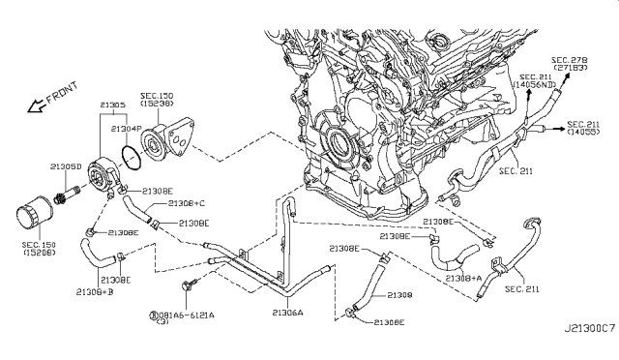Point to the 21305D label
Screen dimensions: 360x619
pyautogui.click(x=63, y=166)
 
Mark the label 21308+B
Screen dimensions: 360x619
pyautogui.click(x=98, y=290)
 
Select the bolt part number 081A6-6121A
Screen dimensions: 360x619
pyautogui.click(x=188, y=315)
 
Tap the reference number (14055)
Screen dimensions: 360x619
pyautogui.click(x=586, y=135)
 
